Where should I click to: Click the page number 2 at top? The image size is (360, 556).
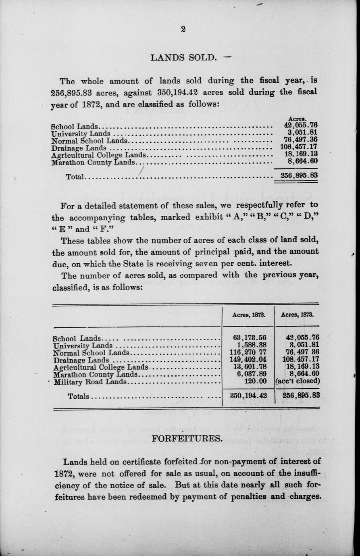tap(183, 29)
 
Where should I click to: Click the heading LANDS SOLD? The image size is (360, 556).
tap(183, 57)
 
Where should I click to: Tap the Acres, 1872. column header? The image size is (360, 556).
tap(248, 315)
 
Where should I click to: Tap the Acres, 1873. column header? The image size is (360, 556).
tap(297, 315)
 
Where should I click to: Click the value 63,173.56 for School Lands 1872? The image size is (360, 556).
tap(250, 337)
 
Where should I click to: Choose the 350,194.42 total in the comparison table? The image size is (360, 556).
tap(248, 396)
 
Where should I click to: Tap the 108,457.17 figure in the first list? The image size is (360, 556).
tap(299, 147)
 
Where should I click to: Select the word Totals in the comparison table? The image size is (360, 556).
tap(78, 396)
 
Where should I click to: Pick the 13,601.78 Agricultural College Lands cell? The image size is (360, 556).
tap(250, 367)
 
